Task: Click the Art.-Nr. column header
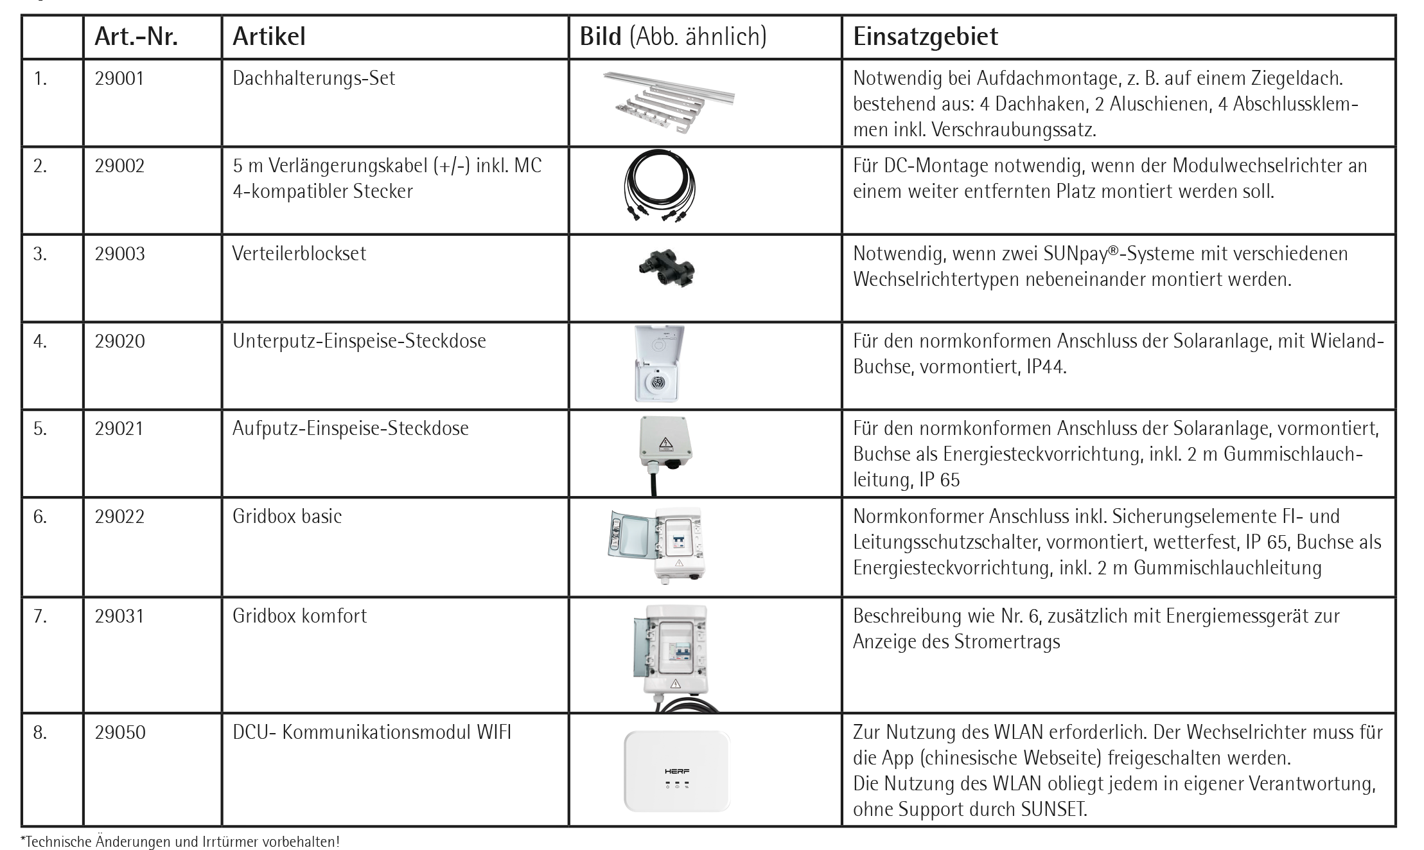tap(136, 37)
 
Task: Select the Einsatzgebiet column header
tap(925, 37)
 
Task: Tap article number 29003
tap(119, 254)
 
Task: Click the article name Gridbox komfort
tap(299, 616)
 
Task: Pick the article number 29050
tap(120, 732)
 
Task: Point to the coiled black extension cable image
tap(660, 186)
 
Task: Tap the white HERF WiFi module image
tap(676, 770)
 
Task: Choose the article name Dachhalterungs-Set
tap(313, 78)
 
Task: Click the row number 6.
tap(40, 517)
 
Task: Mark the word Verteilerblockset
tap(299, 254)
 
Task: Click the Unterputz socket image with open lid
tap(659, 364)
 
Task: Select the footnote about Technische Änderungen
tap(180, 841)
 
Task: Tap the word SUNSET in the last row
tap(1053, 809)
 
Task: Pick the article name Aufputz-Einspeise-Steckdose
tap(350, 429)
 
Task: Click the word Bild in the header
tap(600, 37)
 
